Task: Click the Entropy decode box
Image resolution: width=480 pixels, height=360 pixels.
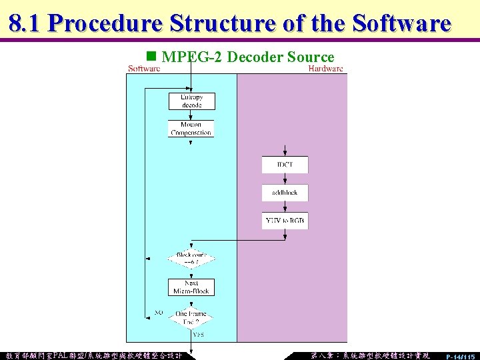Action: [191, 101]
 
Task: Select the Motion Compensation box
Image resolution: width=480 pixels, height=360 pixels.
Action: [191, 128]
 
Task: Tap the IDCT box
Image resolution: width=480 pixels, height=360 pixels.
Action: [285, 165]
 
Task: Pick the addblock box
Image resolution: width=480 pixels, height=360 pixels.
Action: [285, 193]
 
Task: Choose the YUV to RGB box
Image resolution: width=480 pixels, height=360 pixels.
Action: [285, 221]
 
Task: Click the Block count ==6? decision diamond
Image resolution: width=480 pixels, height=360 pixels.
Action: [191, 259]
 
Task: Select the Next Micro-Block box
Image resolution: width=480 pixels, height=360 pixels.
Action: [191, 287]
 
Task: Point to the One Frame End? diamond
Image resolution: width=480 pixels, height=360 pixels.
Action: [191, 317]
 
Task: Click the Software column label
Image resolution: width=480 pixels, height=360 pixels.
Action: [144, 68]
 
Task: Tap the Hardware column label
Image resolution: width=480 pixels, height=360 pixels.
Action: [325, 68]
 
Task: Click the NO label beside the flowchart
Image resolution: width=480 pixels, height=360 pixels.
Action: [159, 312]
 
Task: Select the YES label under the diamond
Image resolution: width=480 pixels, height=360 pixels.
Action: [199, 335]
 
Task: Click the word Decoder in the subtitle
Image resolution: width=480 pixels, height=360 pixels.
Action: [256, 57]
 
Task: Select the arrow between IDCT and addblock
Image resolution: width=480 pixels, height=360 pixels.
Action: [285, 179]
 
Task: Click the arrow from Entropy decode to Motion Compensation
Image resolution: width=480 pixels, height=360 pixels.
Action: [191, 115]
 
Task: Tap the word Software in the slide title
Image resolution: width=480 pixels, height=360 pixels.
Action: [402, 23]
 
